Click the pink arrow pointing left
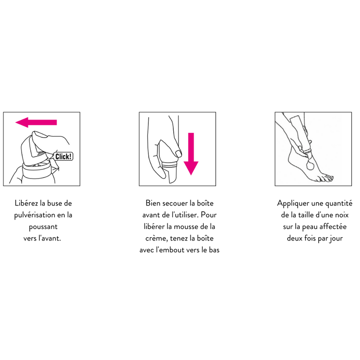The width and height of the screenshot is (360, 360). point(36,122)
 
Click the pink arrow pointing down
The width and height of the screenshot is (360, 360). point(191,154)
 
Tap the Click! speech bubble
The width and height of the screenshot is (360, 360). point(63,156)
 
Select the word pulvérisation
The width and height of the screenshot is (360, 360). point(35,216)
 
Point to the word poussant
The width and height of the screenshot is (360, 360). point(43,227)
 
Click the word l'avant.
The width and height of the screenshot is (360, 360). point(49,238)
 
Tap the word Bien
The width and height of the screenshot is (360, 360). point(153,203)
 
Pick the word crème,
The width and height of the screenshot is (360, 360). point(157,238)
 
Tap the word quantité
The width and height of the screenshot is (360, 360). point(339,204)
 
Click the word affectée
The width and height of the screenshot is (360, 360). point(333,227)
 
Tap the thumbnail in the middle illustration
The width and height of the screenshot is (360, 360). point(178,154)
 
